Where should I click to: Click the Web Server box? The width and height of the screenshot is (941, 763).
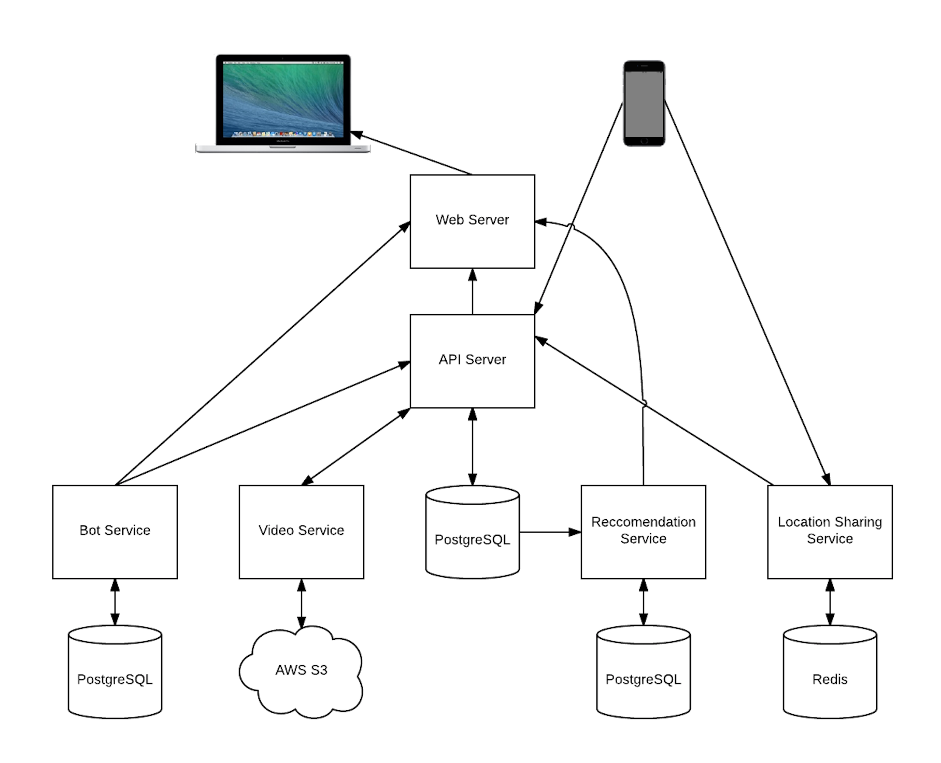pos(472,221)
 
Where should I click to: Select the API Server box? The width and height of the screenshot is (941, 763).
pos(472,361)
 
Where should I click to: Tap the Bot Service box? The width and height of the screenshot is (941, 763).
pos(115,532)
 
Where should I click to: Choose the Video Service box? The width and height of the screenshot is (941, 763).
pos(301,532)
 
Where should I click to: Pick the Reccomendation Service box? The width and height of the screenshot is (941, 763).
pos(643,532)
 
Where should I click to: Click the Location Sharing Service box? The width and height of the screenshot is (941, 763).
pos(830,532)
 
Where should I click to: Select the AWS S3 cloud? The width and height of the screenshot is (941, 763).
pos(301,671)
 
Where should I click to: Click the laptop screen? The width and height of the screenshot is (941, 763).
pos(283,98)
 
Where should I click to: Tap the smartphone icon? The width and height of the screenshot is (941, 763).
pos(644,103)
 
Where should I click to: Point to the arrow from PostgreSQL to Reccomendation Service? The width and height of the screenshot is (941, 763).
pos(549,532)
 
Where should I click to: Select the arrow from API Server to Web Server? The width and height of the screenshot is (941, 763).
pos(472,291)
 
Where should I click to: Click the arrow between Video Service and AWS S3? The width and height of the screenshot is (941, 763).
pos(301,603)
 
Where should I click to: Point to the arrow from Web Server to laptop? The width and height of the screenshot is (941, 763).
pos(412,153)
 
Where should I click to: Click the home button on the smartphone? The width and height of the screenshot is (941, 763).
pos(644,141)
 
